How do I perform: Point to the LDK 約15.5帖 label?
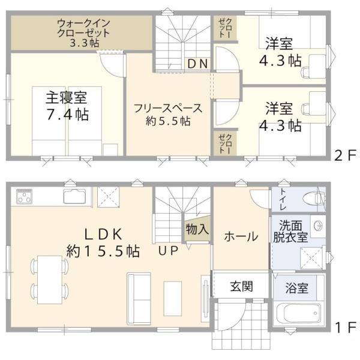point(103,242)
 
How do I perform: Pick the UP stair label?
point(169,251)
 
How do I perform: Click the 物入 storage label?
point(197,229)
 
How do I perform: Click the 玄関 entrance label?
point(241,286)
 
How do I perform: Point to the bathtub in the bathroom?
point(298,314)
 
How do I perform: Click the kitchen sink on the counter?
point(73,196)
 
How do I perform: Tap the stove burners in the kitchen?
point(25,197)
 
